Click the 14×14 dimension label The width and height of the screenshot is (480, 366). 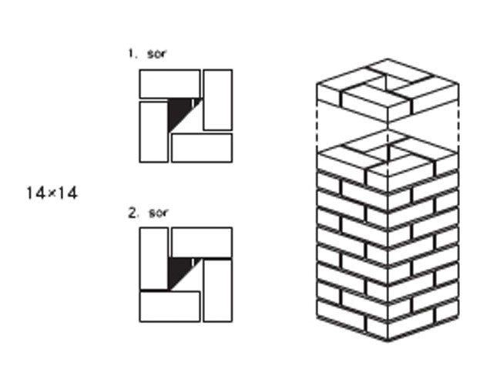(52, 193)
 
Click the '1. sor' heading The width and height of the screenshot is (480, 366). (147, 54)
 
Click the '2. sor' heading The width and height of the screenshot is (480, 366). (148, 213)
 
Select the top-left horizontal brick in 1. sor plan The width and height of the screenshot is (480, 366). (170, 84)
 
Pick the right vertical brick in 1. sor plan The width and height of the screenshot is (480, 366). (218, 100)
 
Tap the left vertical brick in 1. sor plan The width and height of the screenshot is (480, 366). (153, 132)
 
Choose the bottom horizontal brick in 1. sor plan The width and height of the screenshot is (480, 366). (202, 148)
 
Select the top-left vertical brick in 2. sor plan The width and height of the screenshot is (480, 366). (153, 258)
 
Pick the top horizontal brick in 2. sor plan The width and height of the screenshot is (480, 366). (202, 243)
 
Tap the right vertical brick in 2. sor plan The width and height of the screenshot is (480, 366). (218, 290)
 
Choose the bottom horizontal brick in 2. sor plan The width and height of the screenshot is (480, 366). (170, 307)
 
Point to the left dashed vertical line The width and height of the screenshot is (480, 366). (317, 126)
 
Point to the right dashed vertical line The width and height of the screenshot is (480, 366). (458, 126)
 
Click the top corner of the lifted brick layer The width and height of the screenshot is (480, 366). (388, 58)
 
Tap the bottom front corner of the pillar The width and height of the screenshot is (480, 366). (388, 341)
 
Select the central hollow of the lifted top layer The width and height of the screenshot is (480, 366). (387, 82)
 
